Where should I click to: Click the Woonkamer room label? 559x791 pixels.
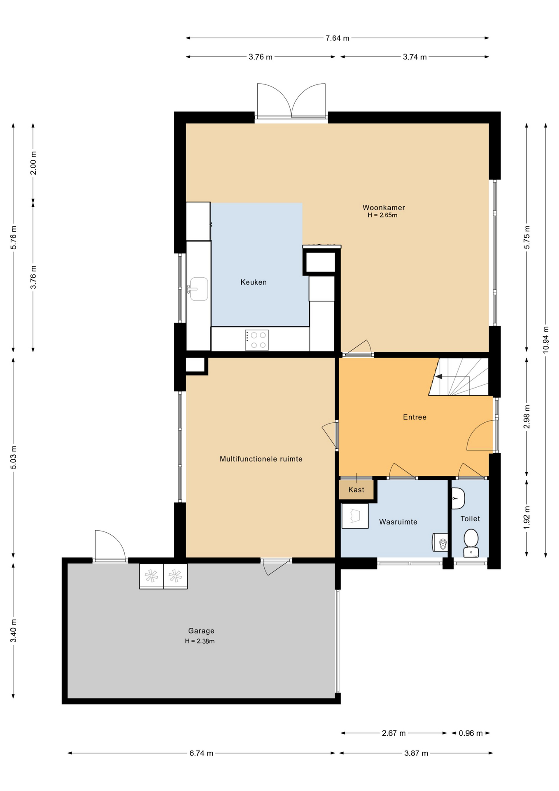384,208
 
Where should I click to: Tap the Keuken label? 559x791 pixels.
254,282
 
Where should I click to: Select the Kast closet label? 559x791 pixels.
356,490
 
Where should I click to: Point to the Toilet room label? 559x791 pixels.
470,519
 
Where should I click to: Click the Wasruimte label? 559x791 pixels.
398,522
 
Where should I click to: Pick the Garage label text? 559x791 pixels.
201,631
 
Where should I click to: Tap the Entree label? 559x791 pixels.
415,417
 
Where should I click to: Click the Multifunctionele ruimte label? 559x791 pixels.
261,459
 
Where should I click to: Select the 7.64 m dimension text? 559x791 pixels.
338,38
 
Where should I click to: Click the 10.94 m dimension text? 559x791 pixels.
546,340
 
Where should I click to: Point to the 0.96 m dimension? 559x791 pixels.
471,733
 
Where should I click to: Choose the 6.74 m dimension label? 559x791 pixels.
201,754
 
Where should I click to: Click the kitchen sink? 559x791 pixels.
198,289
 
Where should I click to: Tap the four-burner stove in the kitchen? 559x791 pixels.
257,340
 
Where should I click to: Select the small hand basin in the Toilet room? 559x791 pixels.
458,498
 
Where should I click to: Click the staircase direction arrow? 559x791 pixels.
439,376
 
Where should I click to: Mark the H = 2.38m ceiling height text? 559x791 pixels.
200,641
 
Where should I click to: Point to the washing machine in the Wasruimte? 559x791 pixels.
355,516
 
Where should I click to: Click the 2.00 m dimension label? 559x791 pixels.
33,163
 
